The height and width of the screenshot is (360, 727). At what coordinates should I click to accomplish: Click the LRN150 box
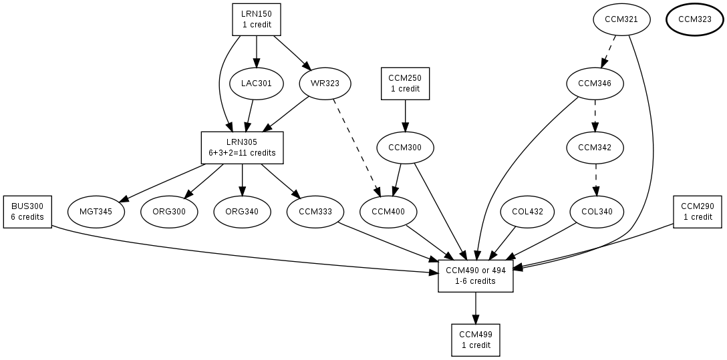point(257,19)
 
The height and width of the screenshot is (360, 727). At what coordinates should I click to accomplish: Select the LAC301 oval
point(257,83)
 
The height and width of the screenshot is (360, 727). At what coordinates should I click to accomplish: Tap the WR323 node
point(325,83)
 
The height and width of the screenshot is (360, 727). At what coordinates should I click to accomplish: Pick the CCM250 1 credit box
point(405,83)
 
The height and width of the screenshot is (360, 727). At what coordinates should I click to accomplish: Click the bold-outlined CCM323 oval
point(694,19)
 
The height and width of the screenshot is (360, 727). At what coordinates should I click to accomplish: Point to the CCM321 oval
point(621,19)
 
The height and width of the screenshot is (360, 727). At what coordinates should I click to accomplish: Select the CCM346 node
point(595,83)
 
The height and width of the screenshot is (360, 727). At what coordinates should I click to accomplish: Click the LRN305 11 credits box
point(242,148)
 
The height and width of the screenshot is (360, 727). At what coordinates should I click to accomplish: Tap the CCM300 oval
point(405,148)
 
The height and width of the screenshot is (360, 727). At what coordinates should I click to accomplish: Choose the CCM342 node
point(595,148)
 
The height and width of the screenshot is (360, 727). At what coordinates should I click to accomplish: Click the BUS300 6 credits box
point(27,212)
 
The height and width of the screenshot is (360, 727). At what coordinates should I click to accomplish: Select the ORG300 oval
point(169,212)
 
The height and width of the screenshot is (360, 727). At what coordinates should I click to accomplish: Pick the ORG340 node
point(242,212)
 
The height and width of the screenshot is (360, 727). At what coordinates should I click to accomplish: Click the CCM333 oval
point(315,212)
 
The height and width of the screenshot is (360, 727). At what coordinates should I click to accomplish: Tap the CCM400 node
point(388,212)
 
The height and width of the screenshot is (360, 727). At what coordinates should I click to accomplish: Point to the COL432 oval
point(528,212)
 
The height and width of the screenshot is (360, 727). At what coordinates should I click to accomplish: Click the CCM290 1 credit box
point(698,212)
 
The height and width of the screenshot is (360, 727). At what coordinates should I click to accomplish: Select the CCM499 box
point(476,340)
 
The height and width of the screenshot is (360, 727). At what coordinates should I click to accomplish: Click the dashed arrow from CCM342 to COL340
point(595,180)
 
